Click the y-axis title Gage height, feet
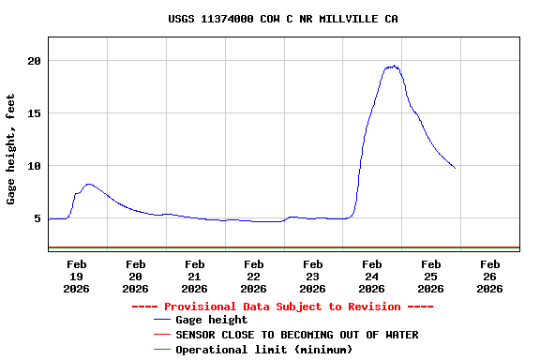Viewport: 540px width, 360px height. [11, 149]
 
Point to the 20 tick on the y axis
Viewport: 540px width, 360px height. [35, 61]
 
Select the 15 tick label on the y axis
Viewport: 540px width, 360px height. [35, 113]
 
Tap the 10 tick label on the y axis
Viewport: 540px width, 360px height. [35, 166]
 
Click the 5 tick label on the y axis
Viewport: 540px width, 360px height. [37, 218]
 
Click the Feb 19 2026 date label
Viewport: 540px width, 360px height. [76, 277]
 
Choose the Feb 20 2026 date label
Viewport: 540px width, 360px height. [135, 277]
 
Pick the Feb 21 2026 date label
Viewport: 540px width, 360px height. [194, 277]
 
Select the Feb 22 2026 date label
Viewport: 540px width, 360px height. [253, 277]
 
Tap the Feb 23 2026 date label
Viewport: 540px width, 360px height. [312, 277]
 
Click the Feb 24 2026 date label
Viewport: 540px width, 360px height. [371, 277]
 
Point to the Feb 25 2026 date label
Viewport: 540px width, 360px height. [430, 277]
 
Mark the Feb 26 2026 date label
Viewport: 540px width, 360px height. [489, 277]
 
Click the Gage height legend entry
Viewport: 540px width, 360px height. [211, 320]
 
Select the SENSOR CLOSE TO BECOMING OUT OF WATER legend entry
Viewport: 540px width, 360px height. [296, 335]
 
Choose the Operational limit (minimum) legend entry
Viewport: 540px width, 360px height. [263, 350]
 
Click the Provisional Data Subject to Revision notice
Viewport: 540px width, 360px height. [282, 307]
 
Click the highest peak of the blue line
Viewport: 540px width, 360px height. [395, 66]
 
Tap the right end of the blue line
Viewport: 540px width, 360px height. [455, 168]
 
